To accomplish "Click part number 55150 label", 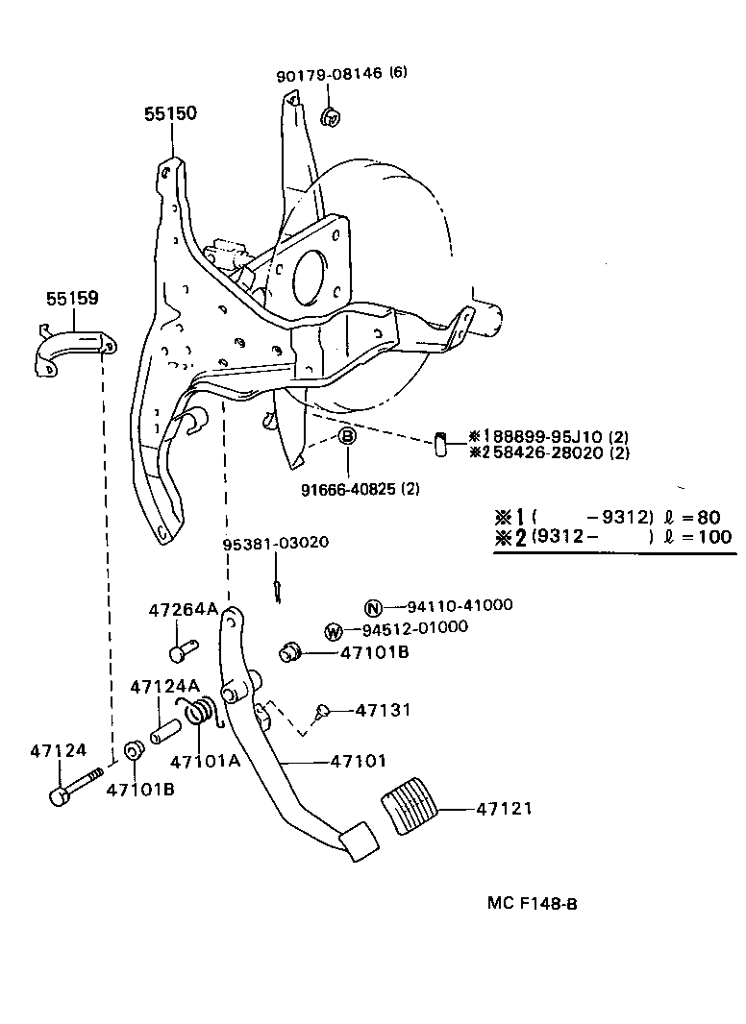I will pyautogui.click(x=170, y=113).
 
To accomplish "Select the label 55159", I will pyautogui.click(x=72, y=299).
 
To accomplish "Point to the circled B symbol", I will pyautogui.click(x=347, y=437).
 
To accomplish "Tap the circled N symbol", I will pyautogui.click(x=373, y=606).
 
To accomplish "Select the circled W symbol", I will pyautogui.click(x=334, y=631).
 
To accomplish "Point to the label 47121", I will pyautogui.click(x=503, y=810).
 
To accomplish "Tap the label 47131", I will pyautogui.click(x=383, y=710).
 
